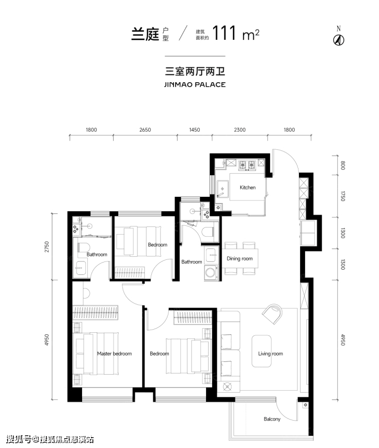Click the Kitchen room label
click(x=248, y=188)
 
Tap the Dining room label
click(x=240, y=258)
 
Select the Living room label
click(x=271, y=354)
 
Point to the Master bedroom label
click(x=114, y=354)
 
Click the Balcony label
click(x=272, y=419)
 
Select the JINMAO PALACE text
click(x=195, y=85)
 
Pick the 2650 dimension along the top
click(x=145, y=130)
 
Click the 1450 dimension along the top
click(x=195, y=130)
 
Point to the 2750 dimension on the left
click(x=47, y=247)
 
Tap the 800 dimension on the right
click(x=343, y=165)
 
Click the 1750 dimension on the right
click(x=343, y=196)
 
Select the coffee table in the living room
click(x=261, y=351)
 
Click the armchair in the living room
click(x=273, y=314)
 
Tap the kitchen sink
click(x=223, y=189)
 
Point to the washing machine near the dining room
click(x=211, y=272)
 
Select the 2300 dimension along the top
click(x=240, y=130)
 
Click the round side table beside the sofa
click(x=227, y=387)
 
